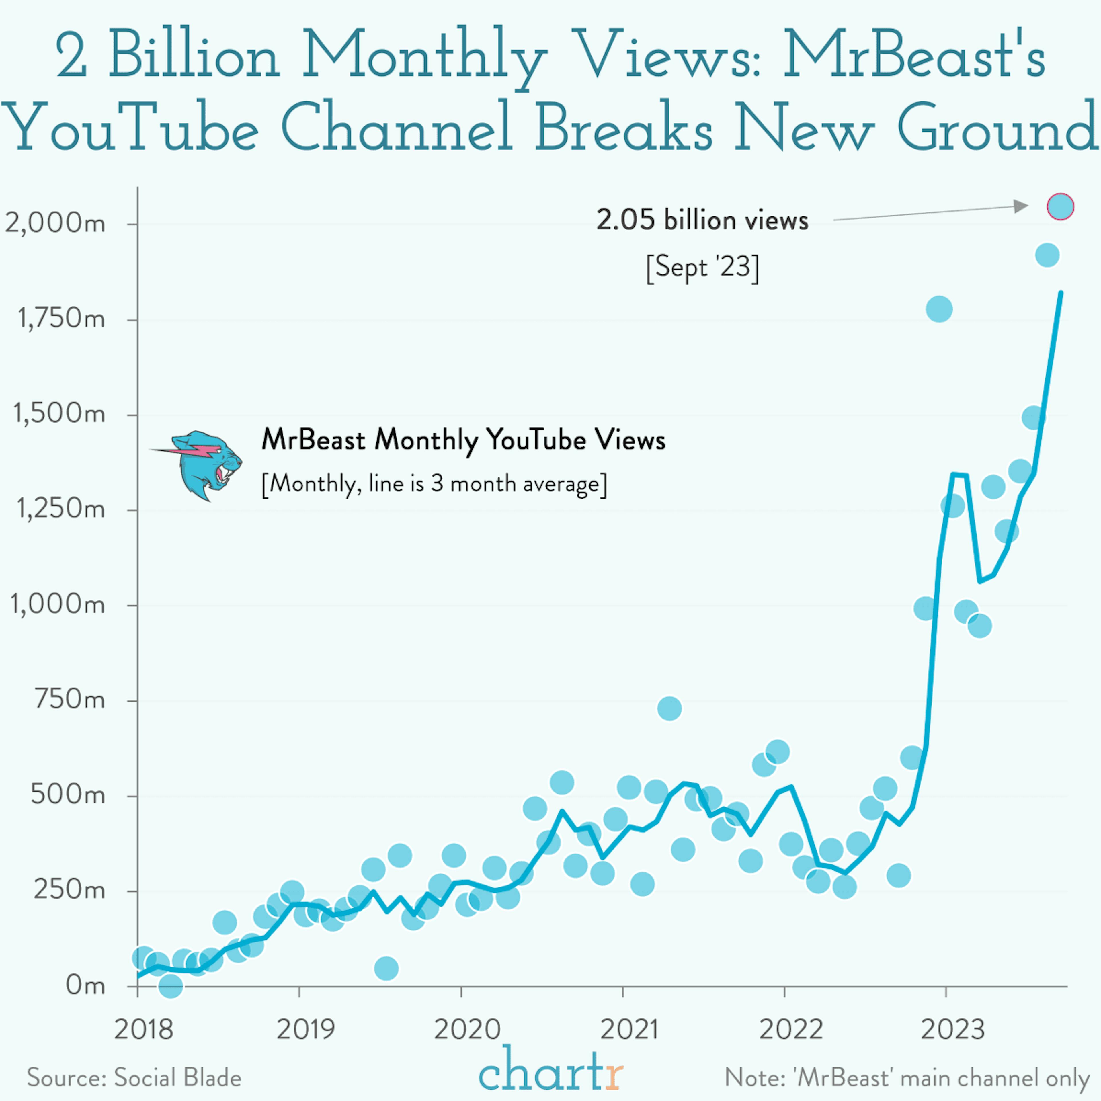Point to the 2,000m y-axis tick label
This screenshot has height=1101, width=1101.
click(55, 223)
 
